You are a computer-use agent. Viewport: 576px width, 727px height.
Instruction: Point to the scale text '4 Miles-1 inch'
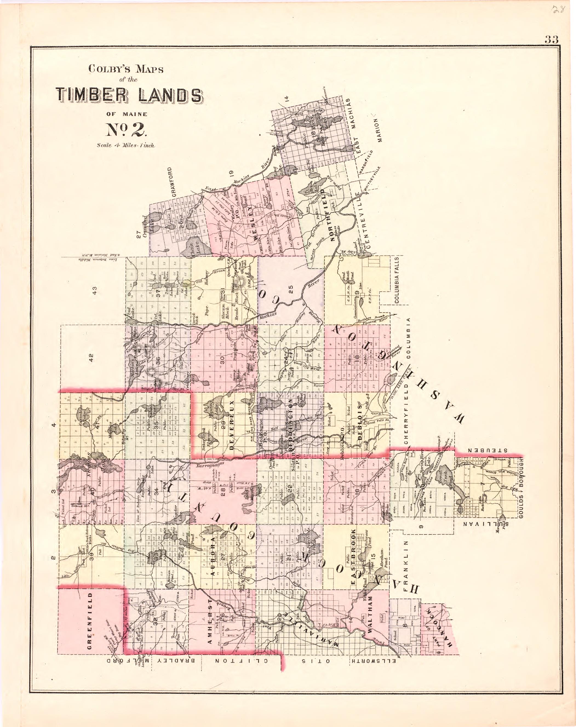pos(126,146)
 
